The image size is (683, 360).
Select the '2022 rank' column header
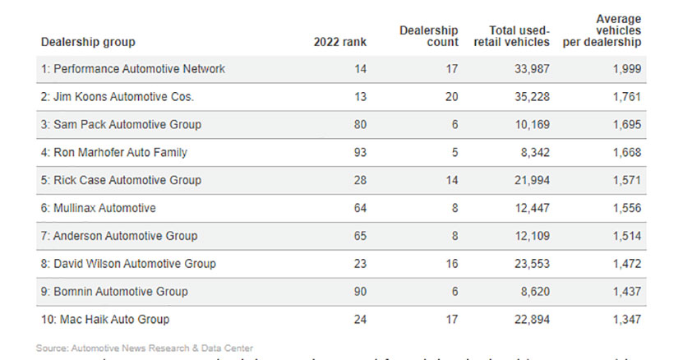click(x=340, y=42)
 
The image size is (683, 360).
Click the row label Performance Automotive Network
click(x=132, y=69)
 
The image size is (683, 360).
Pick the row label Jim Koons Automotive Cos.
click(x=117, y=97)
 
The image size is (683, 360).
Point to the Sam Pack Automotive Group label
click(x=121, y=125)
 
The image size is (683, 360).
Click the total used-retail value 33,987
click(x=528, y=69)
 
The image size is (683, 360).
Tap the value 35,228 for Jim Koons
click(x=528, y=97)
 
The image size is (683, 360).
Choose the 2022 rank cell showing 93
click(x=359, y=152)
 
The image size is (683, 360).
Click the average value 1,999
click(x=625, y=69)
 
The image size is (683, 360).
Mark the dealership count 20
click(x=450, y=97)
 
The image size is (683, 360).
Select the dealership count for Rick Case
click(x=450, y=180)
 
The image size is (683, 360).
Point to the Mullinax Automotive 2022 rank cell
click(x=359, y=208)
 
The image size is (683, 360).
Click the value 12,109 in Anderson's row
click(x=528, y=236)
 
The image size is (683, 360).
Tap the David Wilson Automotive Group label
click(x=128, y=264)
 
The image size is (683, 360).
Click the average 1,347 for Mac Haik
click(x=625, y=319)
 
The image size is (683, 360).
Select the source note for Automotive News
click(x=145, y=348)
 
